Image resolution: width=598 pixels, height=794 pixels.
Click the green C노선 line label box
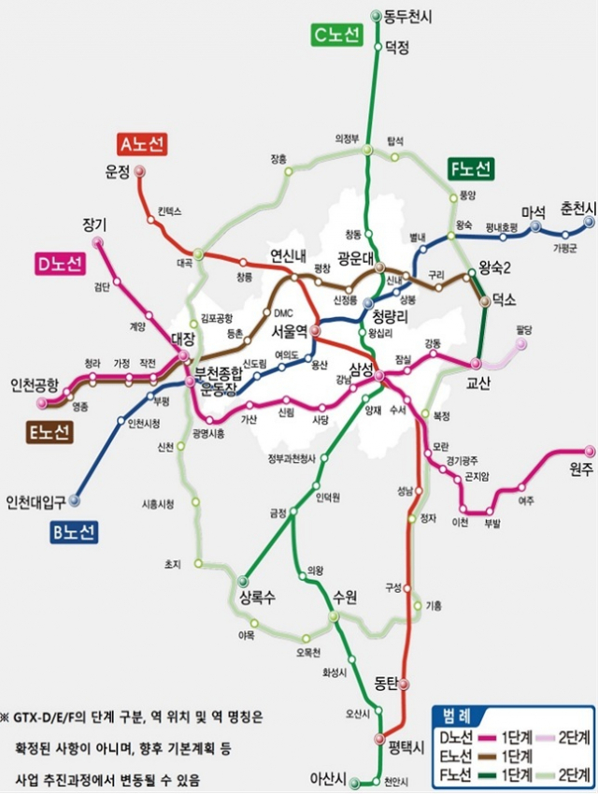pos(335,36)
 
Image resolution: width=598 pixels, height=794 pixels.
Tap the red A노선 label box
pos(143,143)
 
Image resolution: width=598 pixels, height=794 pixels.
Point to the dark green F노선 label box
pos(471,168)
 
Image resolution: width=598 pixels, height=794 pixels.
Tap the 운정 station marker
pos(139,171)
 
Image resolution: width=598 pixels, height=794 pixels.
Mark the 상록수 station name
pos(259,598)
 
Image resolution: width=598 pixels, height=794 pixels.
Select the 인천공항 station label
pos(35,384)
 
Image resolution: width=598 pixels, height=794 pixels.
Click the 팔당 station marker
pos(520,344)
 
